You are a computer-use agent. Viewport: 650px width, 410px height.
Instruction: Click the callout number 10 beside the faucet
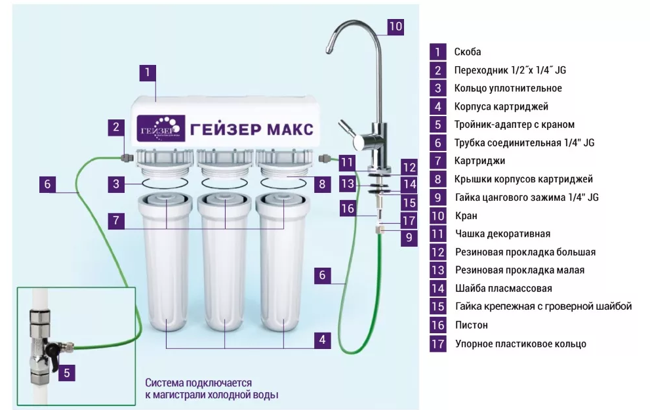(396, 26)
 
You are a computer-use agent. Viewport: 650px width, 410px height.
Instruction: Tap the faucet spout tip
(329, 51)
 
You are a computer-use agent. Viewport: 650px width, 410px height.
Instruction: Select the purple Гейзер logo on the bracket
(161, 129)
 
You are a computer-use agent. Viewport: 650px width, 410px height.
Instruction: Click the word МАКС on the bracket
(289, 129)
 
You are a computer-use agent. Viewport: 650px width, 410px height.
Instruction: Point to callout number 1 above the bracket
(147, 73)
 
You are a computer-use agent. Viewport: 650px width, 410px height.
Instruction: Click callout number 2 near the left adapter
(116, 127)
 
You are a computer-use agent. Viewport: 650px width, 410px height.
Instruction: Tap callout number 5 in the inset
(67, 373)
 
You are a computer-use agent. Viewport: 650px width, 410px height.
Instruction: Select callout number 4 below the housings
(322, 340)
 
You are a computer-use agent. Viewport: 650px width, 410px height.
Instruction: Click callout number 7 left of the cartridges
(116, 220)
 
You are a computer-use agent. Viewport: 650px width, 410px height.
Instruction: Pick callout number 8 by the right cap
(322, 184)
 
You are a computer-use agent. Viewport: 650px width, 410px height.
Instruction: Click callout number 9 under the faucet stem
(409, 237)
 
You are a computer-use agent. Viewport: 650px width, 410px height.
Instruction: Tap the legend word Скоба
(468, 52)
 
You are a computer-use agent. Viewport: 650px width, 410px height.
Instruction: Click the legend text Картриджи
(479, 161)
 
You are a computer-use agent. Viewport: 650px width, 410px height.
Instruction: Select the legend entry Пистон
(472, 325)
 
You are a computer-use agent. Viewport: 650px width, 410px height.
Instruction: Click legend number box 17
(437, 344)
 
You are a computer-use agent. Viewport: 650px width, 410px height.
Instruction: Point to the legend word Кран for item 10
(466, 216)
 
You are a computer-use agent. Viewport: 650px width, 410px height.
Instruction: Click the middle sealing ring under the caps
(224, 183)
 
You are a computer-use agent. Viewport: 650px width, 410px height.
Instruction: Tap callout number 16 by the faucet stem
(348, 208)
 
